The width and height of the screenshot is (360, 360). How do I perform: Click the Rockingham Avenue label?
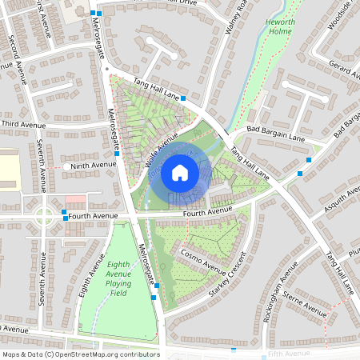tap(279, 291)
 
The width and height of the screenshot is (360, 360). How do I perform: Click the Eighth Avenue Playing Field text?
tap(118, 278)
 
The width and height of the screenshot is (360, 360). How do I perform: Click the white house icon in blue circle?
tap(180, 172)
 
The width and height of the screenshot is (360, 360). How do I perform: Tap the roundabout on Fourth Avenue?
tap(44, 215)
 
